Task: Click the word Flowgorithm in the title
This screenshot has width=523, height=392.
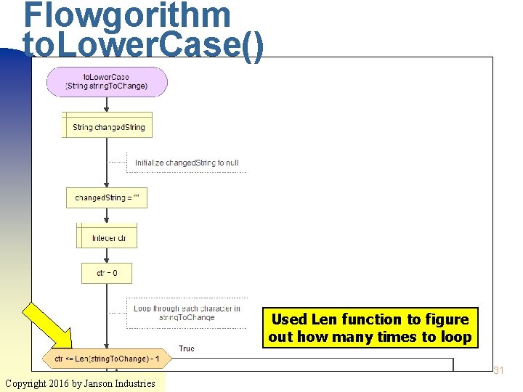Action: coord(126,16)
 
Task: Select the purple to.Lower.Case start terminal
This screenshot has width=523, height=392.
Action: coord(107,81)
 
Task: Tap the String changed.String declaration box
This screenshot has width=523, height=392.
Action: coord(108,127)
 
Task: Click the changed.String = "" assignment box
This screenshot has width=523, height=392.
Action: coord(107,197)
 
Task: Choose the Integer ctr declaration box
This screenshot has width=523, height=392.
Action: coord(107,238)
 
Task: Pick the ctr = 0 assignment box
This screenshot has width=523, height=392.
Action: coord(107,274)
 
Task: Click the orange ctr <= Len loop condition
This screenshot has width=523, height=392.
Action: coord(107,359)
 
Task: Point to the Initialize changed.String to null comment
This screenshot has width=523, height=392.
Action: coord(187,163)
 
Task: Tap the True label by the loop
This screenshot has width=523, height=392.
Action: coord(187,349)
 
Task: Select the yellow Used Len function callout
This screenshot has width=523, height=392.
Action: coord(370,328)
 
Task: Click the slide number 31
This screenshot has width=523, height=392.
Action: coord(498,371)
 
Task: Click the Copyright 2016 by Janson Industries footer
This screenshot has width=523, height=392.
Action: coord(80,383)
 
